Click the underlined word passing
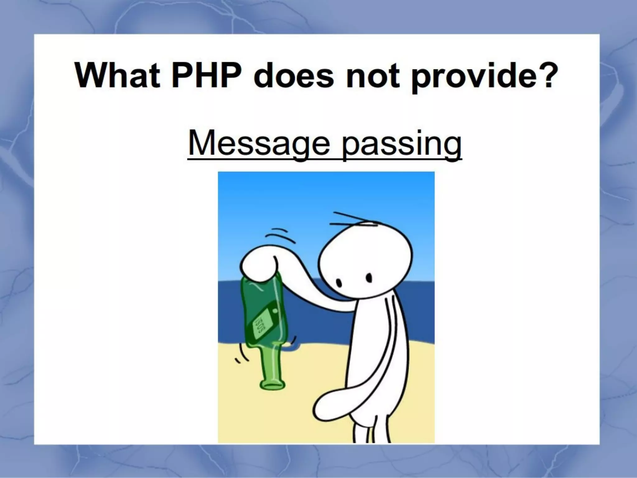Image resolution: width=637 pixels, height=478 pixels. coord(401,144)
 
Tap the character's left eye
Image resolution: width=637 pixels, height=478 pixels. coord(340,282)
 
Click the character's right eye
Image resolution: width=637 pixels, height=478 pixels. coord(369,277)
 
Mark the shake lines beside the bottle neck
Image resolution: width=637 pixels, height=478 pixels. coord(241,355)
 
